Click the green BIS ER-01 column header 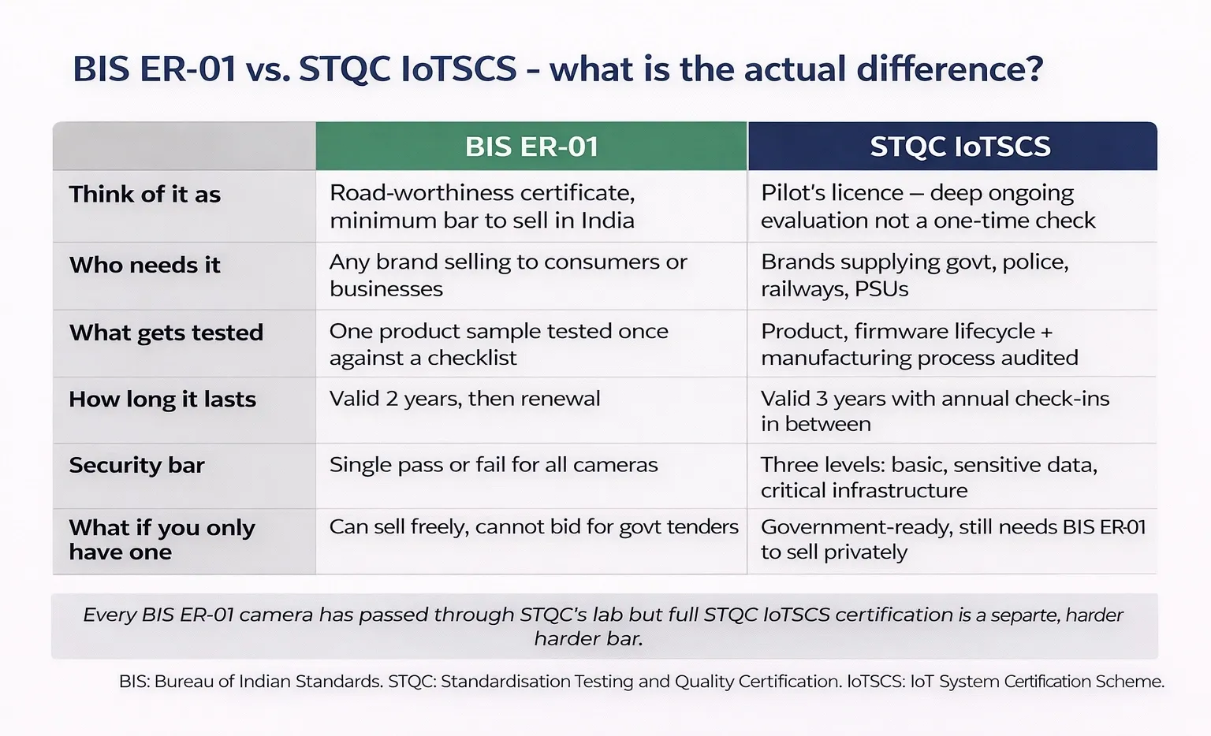click(531, 147)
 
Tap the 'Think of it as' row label click(145, 195)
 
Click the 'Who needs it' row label click(145, 266)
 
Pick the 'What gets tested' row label click(166, 333)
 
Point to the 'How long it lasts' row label click(162, 400)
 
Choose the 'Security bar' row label click(137, 466)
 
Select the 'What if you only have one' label click(162, 540)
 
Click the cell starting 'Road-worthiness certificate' click(483, 206)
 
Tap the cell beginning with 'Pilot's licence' click(928, 206)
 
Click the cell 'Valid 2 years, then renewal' click(465, 399)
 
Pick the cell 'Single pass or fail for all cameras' click(494, 465)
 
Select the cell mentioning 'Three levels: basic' click(929, 478)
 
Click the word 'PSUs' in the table click(881, 289)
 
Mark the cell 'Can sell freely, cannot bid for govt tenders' click(534, 526)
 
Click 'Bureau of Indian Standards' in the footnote click(268, 681)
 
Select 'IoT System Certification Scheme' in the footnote click(1037, 681)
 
